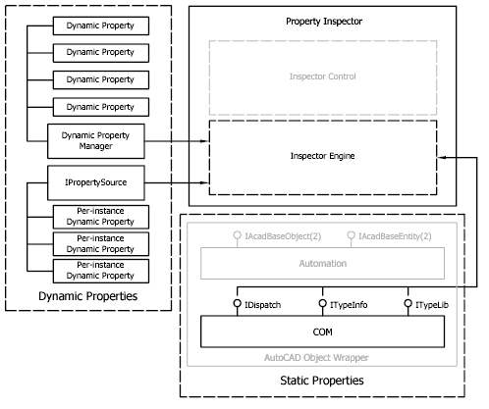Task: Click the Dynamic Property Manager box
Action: point(96,141)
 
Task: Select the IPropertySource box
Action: point(96,182)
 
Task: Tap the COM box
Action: point(322,332)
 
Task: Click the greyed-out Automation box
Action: point(322,263)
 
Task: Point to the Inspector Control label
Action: point(322,77)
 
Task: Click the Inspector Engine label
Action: point(322,156)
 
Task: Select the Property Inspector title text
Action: point(324,22)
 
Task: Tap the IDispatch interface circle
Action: point(238,303)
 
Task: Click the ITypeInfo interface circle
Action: point(323,303)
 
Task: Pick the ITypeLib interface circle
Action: point(407,303)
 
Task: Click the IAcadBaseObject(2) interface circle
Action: point(238,235)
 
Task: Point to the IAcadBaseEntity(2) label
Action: point(395,236)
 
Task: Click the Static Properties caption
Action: point(322,381)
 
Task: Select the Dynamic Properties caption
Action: point(88,296)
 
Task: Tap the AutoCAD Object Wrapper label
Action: point(316,357)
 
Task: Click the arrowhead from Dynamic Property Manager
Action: point(204,141)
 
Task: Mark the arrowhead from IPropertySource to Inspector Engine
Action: point(204,182)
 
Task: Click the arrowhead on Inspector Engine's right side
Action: point(442,158)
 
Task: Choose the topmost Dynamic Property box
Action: point(101,26)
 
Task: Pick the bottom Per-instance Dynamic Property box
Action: point(101,271)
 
